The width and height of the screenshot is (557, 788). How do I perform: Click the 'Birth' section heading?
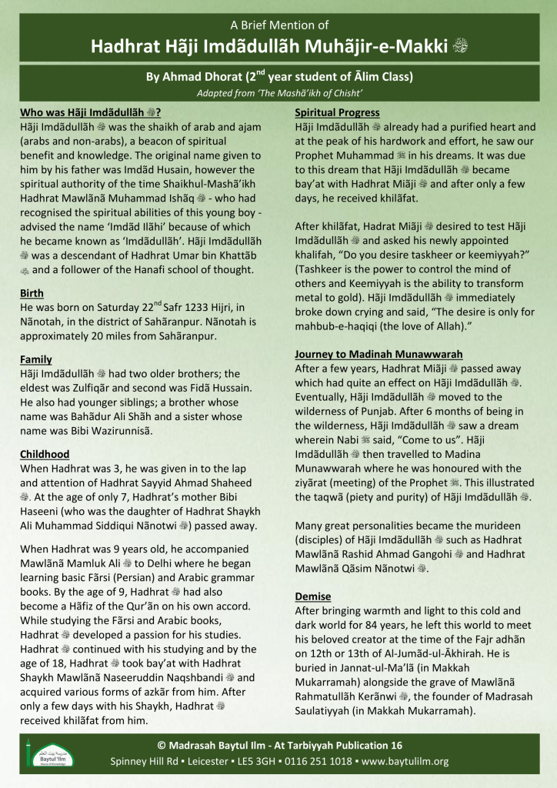pyautogui.click(x=32, y=293)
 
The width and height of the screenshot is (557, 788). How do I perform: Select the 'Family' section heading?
pyautogui.click(x=35, y=359)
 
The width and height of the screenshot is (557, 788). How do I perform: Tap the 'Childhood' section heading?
pyautogui.click(x=45, y=454)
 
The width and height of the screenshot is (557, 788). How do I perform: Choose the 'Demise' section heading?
pyautogui.click(x=314, y=596)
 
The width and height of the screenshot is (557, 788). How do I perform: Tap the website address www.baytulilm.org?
pyautogui.click(x=405, y=761)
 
